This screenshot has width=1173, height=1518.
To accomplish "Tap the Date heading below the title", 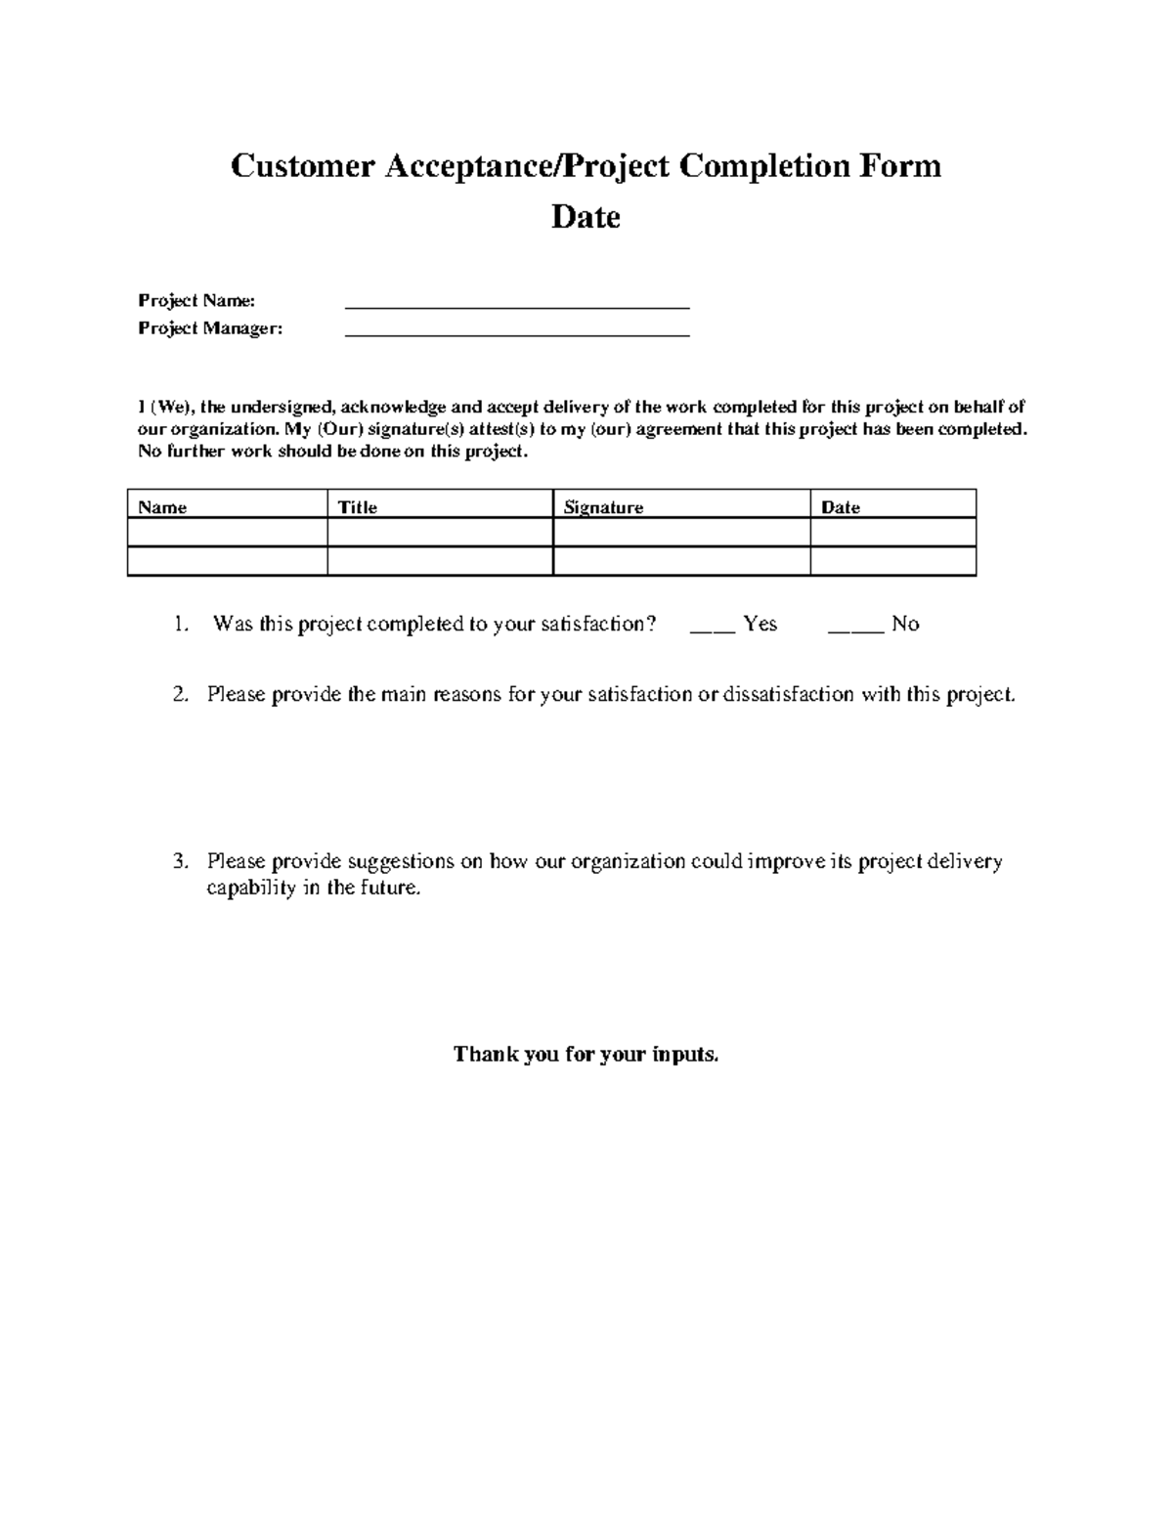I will click(586, 216).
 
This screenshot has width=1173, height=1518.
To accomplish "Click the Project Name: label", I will click(196, 300).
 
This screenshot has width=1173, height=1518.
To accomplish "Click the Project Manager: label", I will click(210, 328).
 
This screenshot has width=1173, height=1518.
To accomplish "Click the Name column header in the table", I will click(162, 507).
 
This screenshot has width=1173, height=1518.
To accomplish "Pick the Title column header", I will click(357, 507).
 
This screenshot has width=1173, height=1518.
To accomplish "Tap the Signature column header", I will click(603, 507).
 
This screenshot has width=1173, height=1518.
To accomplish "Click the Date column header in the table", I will click(841, 507).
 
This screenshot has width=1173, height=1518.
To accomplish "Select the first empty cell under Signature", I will click(680, 533).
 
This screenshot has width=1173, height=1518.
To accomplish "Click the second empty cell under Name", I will click(227, 561).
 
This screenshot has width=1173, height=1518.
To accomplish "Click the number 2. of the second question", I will click(180, 695).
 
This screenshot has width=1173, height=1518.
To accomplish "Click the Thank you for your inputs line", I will click(586, 1054).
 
